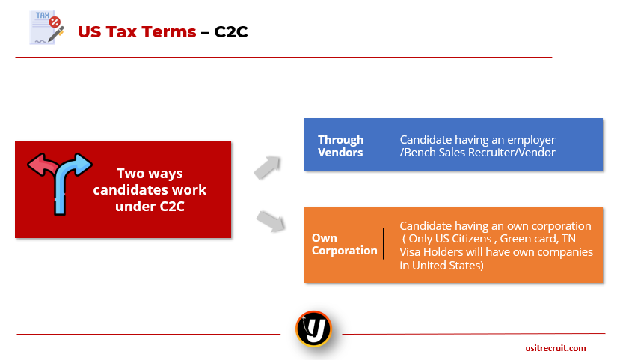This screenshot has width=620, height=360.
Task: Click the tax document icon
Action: (46, 27)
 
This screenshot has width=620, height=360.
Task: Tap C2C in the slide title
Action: (231, 32)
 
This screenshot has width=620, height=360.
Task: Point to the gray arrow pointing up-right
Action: (267, 168)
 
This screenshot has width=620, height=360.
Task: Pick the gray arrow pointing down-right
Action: (271, 221)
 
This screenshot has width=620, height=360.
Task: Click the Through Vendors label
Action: (340, 146)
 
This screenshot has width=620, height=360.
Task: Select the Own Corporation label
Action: (344, 244)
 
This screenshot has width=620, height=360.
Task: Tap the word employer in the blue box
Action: (531, 140)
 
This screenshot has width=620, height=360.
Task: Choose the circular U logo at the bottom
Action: (313, 329)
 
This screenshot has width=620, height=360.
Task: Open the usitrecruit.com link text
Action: (556, 348)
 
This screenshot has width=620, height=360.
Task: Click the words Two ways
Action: (150, 174)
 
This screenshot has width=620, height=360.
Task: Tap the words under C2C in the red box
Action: (150, 206)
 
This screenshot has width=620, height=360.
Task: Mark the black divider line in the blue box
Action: (384, 148)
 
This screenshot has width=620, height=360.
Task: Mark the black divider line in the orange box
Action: (383, 244)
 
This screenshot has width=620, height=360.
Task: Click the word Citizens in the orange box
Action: (470, 239)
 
